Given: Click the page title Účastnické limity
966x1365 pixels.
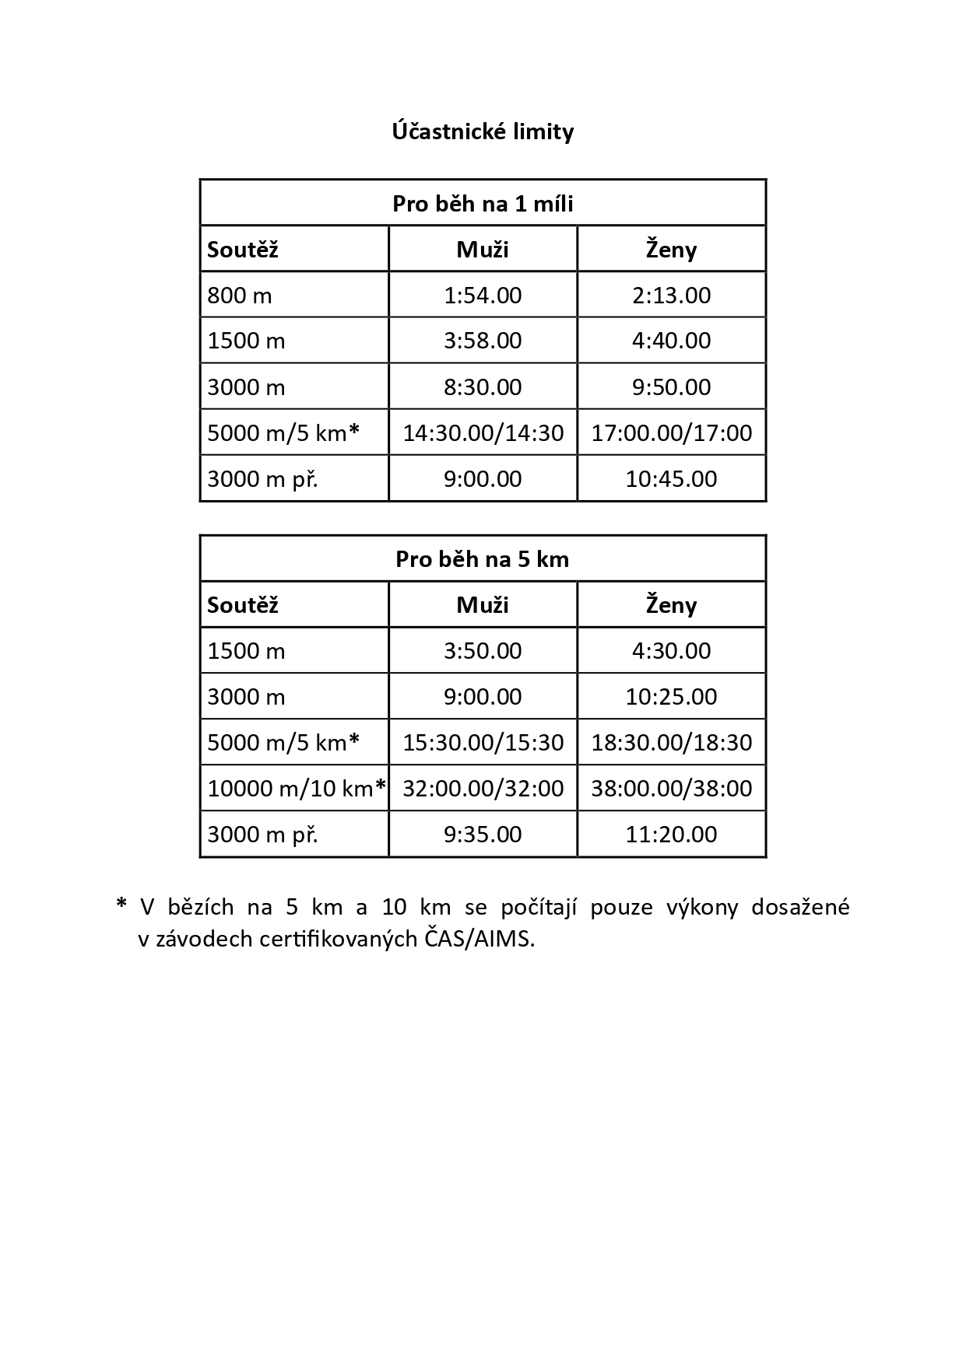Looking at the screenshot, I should pos(483,131).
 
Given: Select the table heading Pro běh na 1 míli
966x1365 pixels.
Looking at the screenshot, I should pos(483,204).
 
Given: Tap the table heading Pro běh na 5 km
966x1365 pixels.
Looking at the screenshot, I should pos(483,559).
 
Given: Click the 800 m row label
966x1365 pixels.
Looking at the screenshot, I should pos(240,296).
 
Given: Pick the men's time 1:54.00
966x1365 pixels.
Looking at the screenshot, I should pos(483,296).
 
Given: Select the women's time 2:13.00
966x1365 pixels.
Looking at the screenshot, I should pos(671,296).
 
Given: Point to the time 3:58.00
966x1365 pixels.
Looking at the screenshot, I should pos(483,341).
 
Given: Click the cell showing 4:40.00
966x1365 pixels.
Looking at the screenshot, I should pos(671,341).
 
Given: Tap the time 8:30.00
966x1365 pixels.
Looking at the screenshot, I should pos(483,387).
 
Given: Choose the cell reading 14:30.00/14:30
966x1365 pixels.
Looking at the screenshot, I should pos(483,432).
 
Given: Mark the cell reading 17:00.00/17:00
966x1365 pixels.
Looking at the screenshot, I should pos(671,432).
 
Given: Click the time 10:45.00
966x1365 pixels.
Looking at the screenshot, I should pos(671,478).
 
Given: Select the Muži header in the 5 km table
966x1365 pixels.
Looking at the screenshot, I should pos(483,605).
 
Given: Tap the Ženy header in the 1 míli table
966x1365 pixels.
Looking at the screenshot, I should pos(671,250).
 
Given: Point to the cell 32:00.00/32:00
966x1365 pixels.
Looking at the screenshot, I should pos(483,789).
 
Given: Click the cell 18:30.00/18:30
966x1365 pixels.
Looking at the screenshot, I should pos(671,743).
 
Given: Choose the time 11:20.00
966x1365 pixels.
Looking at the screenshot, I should pos(671,835).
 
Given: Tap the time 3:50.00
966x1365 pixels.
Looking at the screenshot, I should pos(483,651).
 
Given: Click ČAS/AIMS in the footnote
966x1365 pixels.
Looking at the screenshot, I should pos(479,940).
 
